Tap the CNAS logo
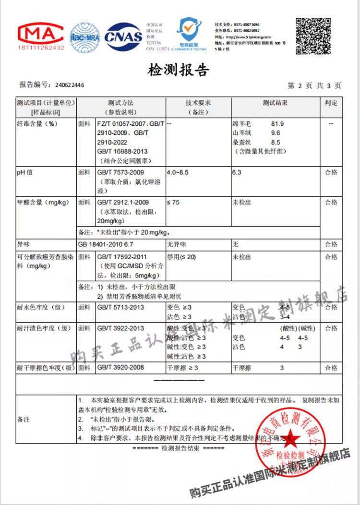[123, 37]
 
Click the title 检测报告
[179, 71]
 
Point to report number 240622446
[70, 85]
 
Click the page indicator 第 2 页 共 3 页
[314, 85]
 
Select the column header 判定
[331, 103]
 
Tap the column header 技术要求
[198, 103]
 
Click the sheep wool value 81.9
[277, 124]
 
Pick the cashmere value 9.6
[276, 133]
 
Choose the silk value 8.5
[276, 142]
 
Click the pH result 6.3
[236, 172]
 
